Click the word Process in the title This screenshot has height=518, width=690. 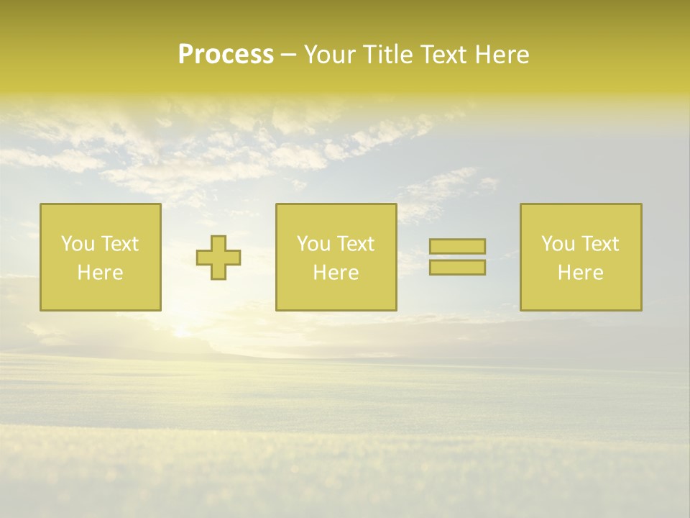click(226, 55)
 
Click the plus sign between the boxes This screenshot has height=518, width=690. click(218, 258)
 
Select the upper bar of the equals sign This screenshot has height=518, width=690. click(457, 246)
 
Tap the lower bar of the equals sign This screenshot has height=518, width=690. click(457, 268)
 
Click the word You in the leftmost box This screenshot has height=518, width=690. click(78, 244)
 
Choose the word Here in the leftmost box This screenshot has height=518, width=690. click(100, 273)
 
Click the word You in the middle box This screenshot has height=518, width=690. click(313, 244)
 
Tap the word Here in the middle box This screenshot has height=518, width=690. click(336, 273)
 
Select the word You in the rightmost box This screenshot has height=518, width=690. click(558, 244)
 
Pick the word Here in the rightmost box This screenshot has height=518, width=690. click(580, 273)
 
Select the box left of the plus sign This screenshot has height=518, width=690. click(100, 295)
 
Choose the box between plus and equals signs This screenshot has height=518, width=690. click(336, 295)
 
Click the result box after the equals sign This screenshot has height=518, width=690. click(580, 295)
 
